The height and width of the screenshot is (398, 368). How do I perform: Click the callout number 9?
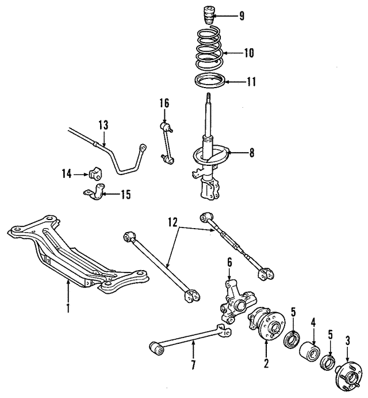(241, 16)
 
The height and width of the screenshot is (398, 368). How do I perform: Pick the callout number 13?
(103, 125)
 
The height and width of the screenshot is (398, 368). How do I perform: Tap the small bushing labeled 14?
(96, 173)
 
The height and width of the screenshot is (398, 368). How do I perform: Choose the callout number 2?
(266, 363)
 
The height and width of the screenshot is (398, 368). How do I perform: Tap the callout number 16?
(164, 104)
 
